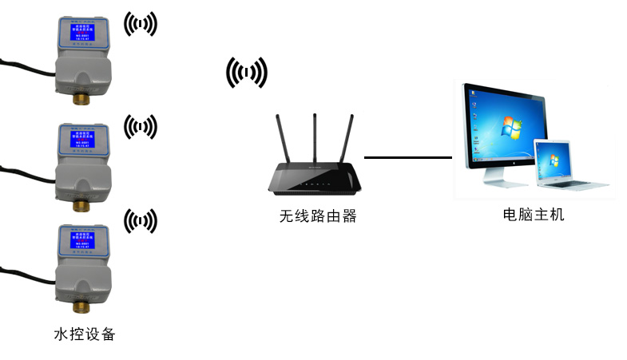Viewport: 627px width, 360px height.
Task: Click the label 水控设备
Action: pyautogui.click(x=84, y=334)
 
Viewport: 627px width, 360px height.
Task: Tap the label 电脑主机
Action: pyautogui.click(x=534, y=214)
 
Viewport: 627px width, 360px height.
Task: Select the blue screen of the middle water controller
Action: pyautogui.click(x=81, y=140)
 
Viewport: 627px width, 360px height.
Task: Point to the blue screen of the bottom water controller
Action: pyautogui.click(x=81, y=242)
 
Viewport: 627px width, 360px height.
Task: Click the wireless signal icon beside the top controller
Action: pyautogui.click(x=141, y=25)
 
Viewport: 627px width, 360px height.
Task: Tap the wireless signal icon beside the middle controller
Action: pyautogui.click(x=141, y=126)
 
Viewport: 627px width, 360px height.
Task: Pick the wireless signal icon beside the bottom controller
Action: pyautogui.click(x=141, y=221)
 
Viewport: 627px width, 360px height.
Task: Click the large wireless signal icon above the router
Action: pyautogui.click(x=246, y=73)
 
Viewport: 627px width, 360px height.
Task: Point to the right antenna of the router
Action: pyautogui.click(x=347, y=141)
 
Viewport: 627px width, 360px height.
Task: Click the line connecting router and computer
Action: pyautogui.click(x=407, y=157)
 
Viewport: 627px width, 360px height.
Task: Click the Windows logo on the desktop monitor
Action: pyautogui.click(x=505, y=127)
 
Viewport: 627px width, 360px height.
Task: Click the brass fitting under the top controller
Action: pyautogui.click(x=81, y=98)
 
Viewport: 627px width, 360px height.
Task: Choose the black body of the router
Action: pyautogui.click(x=316, y=180)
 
